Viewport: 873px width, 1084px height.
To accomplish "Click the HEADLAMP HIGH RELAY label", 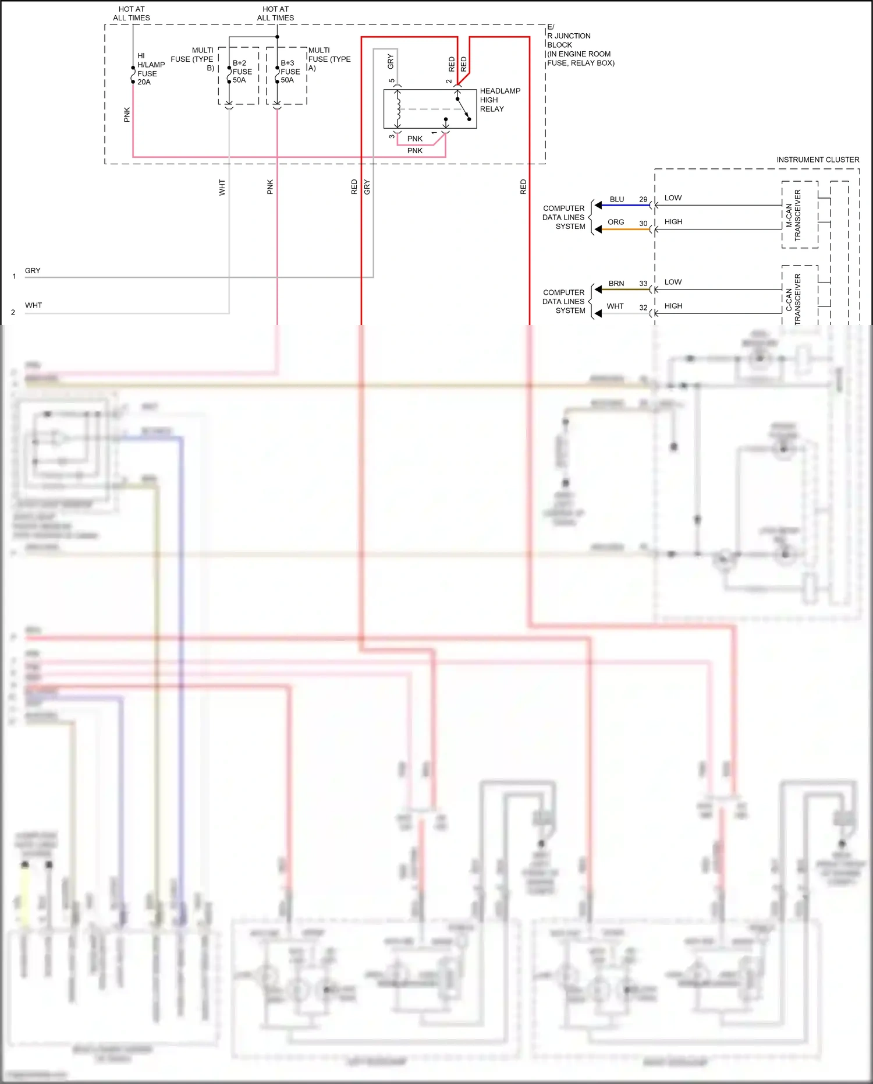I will (499, 100).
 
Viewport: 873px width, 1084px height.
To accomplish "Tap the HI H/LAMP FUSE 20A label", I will (150, 69).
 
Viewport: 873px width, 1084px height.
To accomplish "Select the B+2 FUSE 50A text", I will (242, 72).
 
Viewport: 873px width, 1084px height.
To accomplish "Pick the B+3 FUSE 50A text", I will (290, 72).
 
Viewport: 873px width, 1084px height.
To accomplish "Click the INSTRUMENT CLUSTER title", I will (817, 160).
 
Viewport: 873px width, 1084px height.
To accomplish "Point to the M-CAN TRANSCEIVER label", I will (793, 215).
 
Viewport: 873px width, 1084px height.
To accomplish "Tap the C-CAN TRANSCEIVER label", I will (793, 299).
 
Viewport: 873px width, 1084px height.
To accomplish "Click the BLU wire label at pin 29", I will (616, 199).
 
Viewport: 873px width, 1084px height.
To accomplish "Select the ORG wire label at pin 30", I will (615, 222).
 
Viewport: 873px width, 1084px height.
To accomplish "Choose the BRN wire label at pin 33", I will (616, 284).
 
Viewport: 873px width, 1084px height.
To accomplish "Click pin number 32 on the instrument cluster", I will (643, 308).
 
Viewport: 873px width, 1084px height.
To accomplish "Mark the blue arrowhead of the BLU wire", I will (598, 205).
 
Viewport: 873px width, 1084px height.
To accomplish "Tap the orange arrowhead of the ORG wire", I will (598, 229).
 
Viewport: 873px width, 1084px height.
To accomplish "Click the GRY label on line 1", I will (33, 271).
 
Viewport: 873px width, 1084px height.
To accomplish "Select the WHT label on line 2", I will (33, 305).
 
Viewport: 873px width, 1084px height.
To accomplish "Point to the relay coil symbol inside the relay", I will (398, 108).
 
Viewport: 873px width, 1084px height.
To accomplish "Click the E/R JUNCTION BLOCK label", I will (580, 45).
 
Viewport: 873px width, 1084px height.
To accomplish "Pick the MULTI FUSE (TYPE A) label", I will (329, 59).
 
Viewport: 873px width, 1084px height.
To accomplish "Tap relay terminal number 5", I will (392, 81).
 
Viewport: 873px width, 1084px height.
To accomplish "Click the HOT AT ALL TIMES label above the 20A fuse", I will (132, 13).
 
